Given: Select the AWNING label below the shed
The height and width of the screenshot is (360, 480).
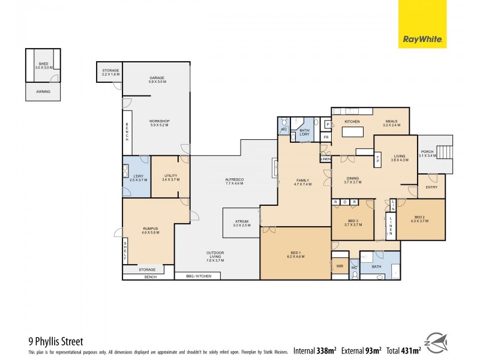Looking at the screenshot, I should (x=43, y=92).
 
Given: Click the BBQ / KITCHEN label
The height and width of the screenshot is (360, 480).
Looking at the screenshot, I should (x=197, y=276).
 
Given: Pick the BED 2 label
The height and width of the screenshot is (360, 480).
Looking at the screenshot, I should (x=419, y=218).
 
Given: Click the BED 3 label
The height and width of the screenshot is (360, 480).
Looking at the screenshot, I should (x=352, y=222).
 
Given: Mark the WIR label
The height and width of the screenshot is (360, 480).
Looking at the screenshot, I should (x=339, y=265).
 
